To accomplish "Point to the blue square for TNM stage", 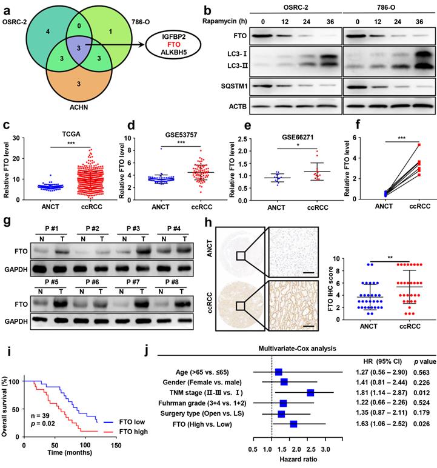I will [x=310, y=393].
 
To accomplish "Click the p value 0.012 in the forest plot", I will [x=415, y=393].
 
